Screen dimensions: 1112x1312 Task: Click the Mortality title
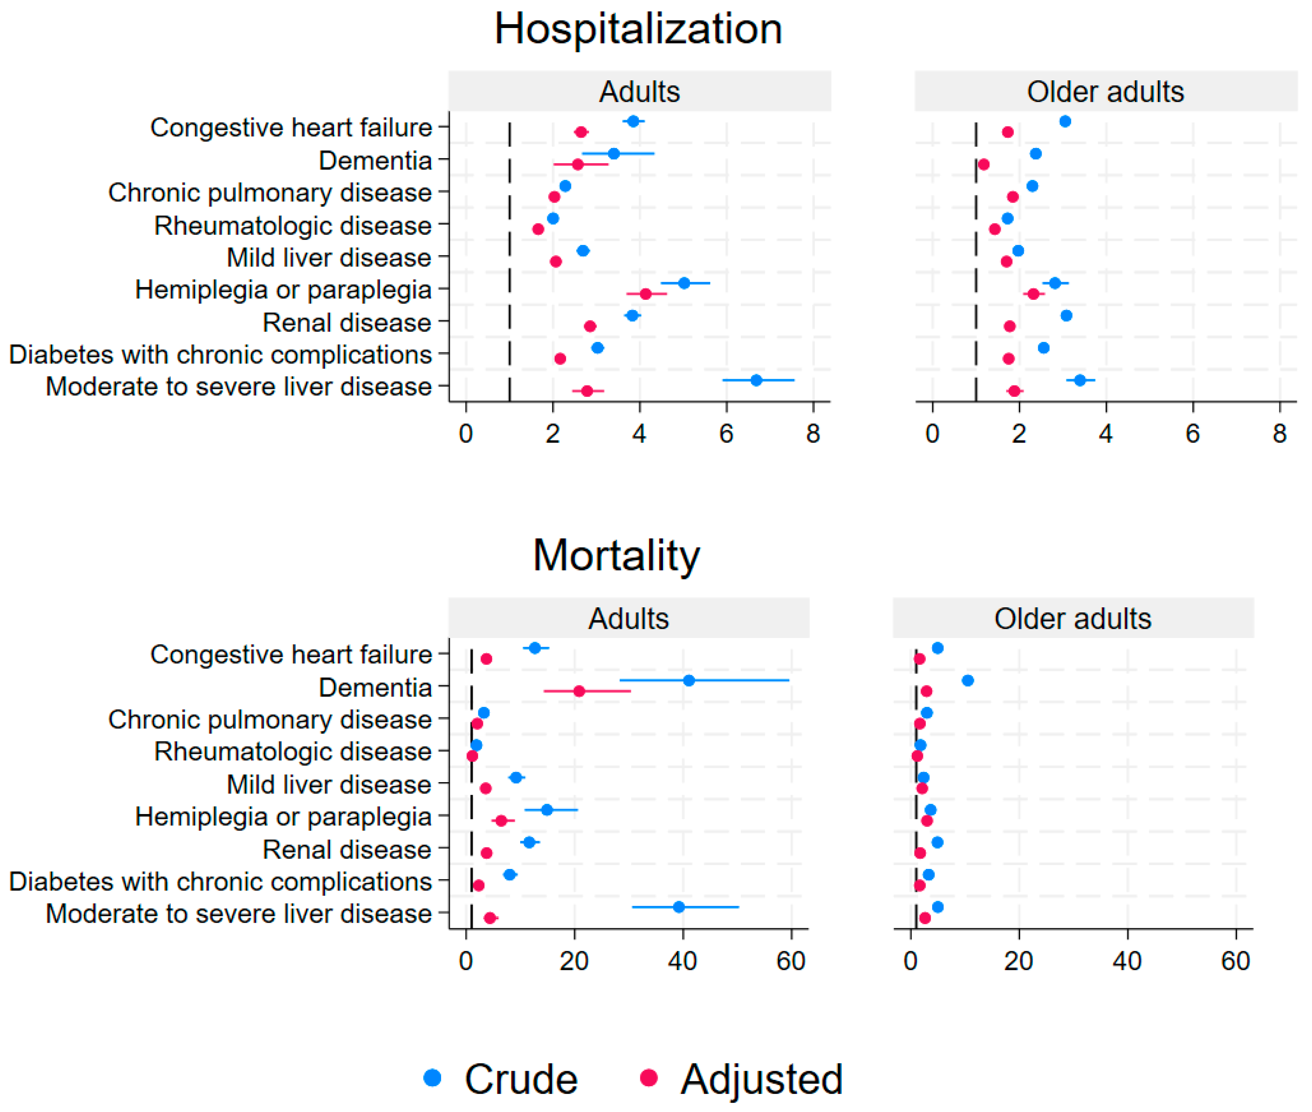[616, 555]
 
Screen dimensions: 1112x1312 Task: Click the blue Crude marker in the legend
[432, 1077]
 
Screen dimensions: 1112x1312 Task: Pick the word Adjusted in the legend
[761, 1080]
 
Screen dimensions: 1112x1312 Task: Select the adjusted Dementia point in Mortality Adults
[579, 691]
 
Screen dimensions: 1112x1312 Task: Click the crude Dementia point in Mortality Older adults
[968, 680]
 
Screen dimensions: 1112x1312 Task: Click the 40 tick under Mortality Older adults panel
[1126, 961]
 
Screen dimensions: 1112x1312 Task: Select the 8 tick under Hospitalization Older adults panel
[1279, 434]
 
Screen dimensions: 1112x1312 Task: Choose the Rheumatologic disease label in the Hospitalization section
[293, 226]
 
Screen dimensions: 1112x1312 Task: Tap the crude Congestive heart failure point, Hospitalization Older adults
[1065, 121]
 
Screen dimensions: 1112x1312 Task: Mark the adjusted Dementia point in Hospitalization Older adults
[984, 165]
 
